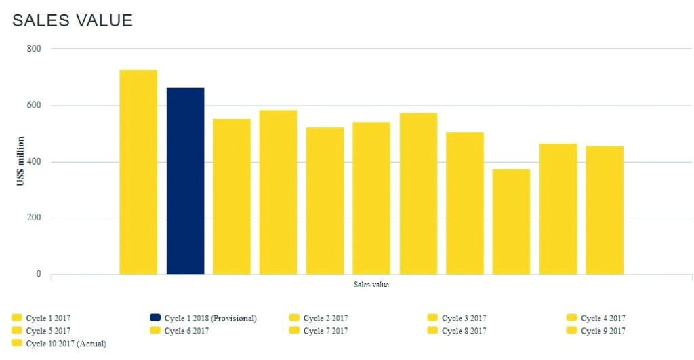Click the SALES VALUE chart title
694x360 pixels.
(x=73, y=20)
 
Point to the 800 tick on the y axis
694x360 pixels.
(x=34, y=49)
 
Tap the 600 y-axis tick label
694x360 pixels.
(x=34, y=105)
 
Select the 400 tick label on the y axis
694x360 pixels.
(x=34, y=162)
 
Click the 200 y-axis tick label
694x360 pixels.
(x=34, y=218)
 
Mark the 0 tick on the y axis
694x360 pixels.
(x=39, y=274)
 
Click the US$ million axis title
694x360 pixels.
(x=21, y=161)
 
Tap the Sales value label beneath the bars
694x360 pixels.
(x=371, y=285)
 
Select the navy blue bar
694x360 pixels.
(x=185, y=181)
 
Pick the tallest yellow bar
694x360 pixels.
(x=138, y=172)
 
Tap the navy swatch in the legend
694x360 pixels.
(x=155, y=317)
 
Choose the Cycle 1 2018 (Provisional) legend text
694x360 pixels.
(x=210, y=318)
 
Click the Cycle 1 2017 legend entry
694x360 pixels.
(x=48, y=318)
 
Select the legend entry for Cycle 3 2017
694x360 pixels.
(x=464, y=318)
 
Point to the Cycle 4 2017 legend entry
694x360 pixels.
(x=603, y=318)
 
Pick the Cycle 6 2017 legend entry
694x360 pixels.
(x=186, y=331)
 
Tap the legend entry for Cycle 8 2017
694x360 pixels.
(x=464, y=331)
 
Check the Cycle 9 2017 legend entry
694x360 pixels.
(x=603, y=331)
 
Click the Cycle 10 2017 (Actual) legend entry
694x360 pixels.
(x=66, y=344)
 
